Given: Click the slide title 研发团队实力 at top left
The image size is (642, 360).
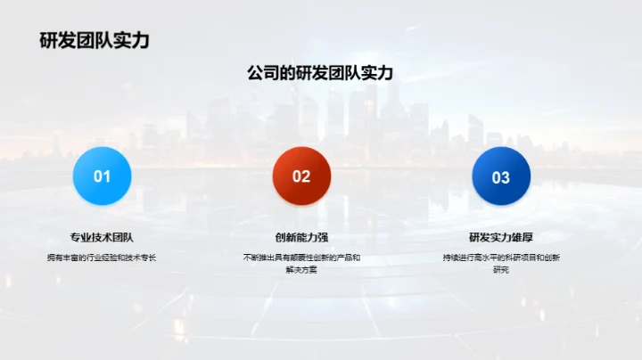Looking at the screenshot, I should [x=94, y=40].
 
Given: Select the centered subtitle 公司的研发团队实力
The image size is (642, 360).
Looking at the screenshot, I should [x=320, y=73].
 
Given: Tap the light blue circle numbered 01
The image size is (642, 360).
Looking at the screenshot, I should [x=103, y=176].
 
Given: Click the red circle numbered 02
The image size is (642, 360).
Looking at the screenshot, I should [x=301, y=176].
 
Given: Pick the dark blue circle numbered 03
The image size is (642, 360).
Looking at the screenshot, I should [x=501, y=176].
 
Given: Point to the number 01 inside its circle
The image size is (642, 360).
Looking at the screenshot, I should [x=103, y=176].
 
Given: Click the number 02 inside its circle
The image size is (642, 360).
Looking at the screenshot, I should [x=301, y=176].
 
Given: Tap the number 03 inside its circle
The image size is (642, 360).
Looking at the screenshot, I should [x=501, y=177].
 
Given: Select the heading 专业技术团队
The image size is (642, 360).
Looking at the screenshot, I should [x=102, y=237].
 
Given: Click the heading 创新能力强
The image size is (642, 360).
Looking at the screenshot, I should [x=301, y=237].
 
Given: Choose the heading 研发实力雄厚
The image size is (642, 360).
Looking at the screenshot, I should [x=501, y=237].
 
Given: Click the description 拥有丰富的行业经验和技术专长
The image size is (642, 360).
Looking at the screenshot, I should [x=102, y=258].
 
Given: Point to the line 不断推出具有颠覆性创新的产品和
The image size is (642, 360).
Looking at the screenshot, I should [x=301, y=258].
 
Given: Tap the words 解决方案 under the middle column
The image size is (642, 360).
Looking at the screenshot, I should [x=301, y=269].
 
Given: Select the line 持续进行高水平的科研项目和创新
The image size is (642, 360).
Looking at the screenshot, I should [x=501, y=258].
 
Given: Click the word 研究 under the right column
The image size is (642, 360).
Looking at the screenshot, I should [x=501, y=269].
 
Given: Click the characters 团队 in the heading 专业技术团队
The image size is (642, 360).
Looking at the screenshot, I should [x=123, y=237].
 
